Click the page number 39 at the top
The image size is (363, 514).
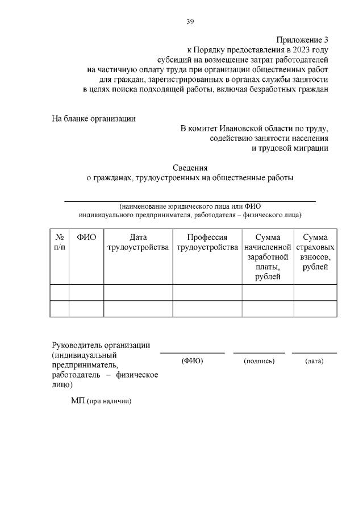190,22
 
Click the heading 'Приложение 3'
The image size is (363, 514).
302,40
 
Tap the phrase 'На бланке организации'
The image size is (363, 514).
94,119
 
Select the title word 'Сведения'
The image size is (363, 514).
190,168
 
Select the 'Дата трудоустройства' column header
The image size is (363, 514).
138,242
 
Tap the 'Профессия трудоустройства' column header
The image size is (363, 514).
207,242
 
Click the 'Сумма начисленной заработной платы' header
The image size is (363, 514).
268,257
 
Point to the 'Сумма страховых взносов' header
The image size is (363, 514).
315,252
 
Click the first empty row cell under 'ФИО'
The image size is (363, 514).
86,292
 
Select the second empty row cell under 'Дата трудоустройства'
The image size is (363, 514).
138,308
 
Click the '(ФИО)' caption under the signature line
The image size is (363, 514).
192,361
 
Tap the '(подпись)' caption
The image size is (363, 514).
259,361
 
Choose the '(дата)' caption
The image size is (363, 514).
314,361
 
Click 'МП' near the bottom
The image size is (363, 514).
78,401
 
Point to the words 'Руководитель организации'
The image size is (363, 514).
101,345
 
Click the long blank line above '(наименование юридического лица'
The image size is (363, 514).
190,201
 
